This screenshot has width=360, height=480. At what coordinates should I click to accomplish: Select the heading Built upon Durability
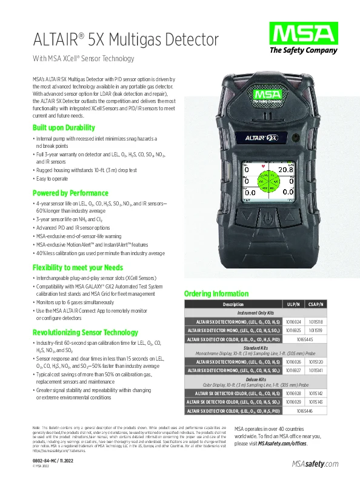click(x=64, y=128)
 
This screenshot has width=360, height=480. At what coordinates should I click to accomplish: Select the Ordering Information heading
click(x=216, y=294)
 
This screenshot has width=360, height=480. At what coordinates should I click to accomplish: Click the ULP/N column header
click(x=292, y=304)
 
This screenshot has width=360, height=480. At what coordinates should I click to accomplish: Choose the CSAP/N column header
click(x=316, y=304)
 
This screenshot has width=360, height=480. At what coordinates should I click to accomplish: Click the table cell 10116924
click(x=292, y=321)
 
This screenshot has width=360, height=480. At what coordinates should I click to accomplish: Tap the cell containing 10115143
click(x=316, y=402)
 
